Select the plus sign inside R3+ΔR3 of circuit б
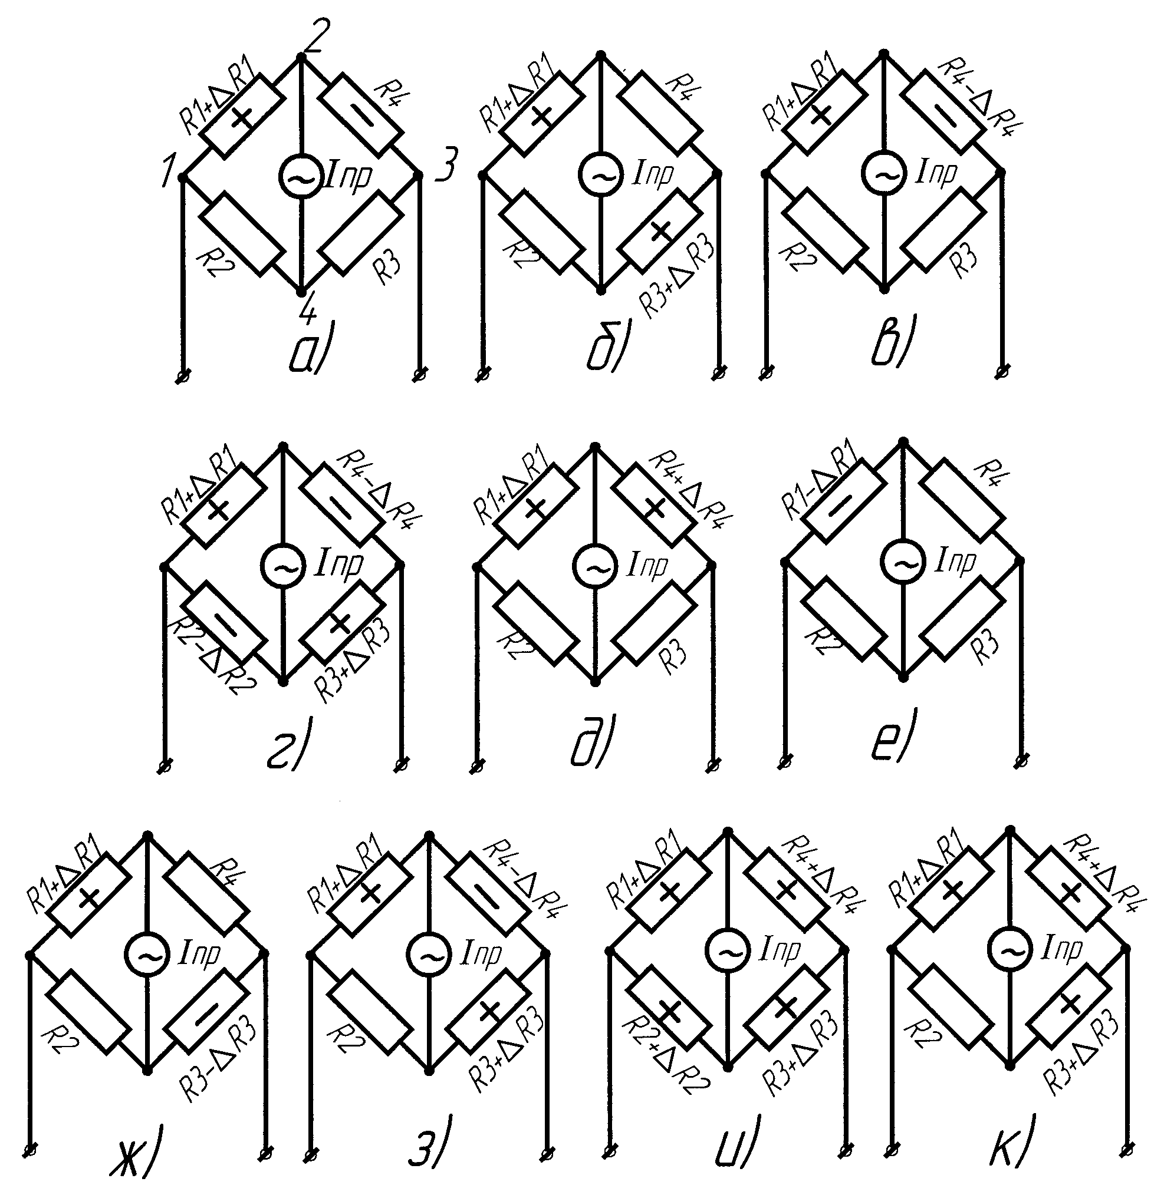pyautogui.click(x=660, y=230)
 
